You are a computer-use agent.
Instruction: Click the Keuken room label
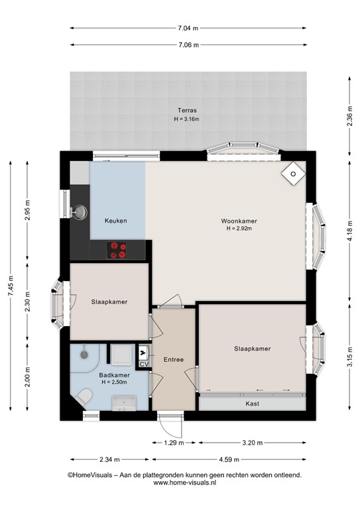115,221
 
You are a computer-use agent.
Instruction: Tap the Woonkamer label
239,221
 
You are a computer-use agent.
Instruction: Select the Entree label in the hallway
173,359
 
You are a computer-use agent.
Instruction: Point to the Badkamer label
114,375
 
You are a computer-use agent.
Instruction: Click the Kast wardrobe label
252,404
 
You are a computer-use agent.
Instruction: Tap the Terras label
187,111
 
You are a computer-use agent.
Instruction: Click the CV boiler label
144,365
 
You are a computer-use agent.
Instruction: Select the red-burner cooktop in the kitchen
117,251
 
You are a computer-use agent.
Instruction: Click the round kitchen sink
79,212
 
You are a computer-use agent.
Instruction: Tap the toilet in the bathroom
84,398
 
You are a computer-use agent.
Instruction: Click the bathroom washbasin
124,404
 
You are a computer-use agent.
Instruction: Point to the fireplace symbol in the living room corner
294,174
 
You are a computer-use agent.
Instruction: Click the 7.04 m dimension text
188,28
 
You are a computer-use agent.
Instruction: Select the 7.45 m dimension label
11,286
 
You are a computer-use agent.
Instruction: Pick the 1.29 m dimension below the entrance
174,443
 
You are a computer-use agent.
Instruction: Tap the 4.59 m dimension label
229,459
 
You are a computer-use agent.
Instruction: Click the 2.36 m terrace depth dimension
349,116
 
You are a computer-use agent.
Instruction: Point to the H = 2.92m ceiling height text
239,229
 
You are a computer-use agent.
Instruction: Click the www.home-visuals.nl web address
185,482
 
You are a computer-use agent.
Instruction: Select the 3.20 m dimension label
252,443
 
